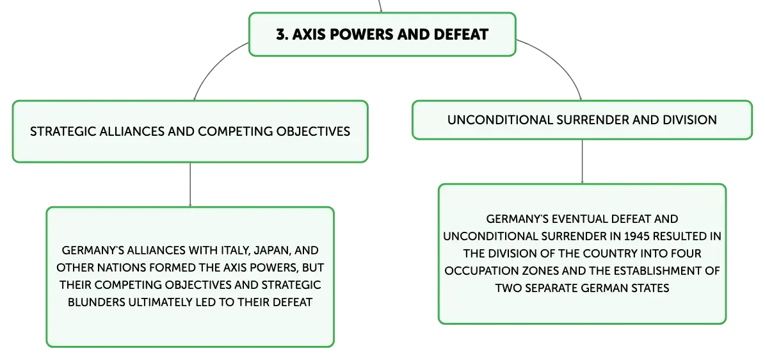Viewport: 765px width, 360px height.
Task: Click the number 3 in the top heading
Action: pos(280,35)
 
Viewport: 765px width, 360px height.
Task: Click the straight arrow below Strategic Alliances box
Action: pos(189,184)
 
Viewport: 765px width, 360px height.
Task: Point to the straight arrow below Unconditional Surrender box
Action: pos(582,161)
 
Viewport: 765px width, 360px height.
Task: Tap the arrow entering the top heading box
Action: pos(380,6)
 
